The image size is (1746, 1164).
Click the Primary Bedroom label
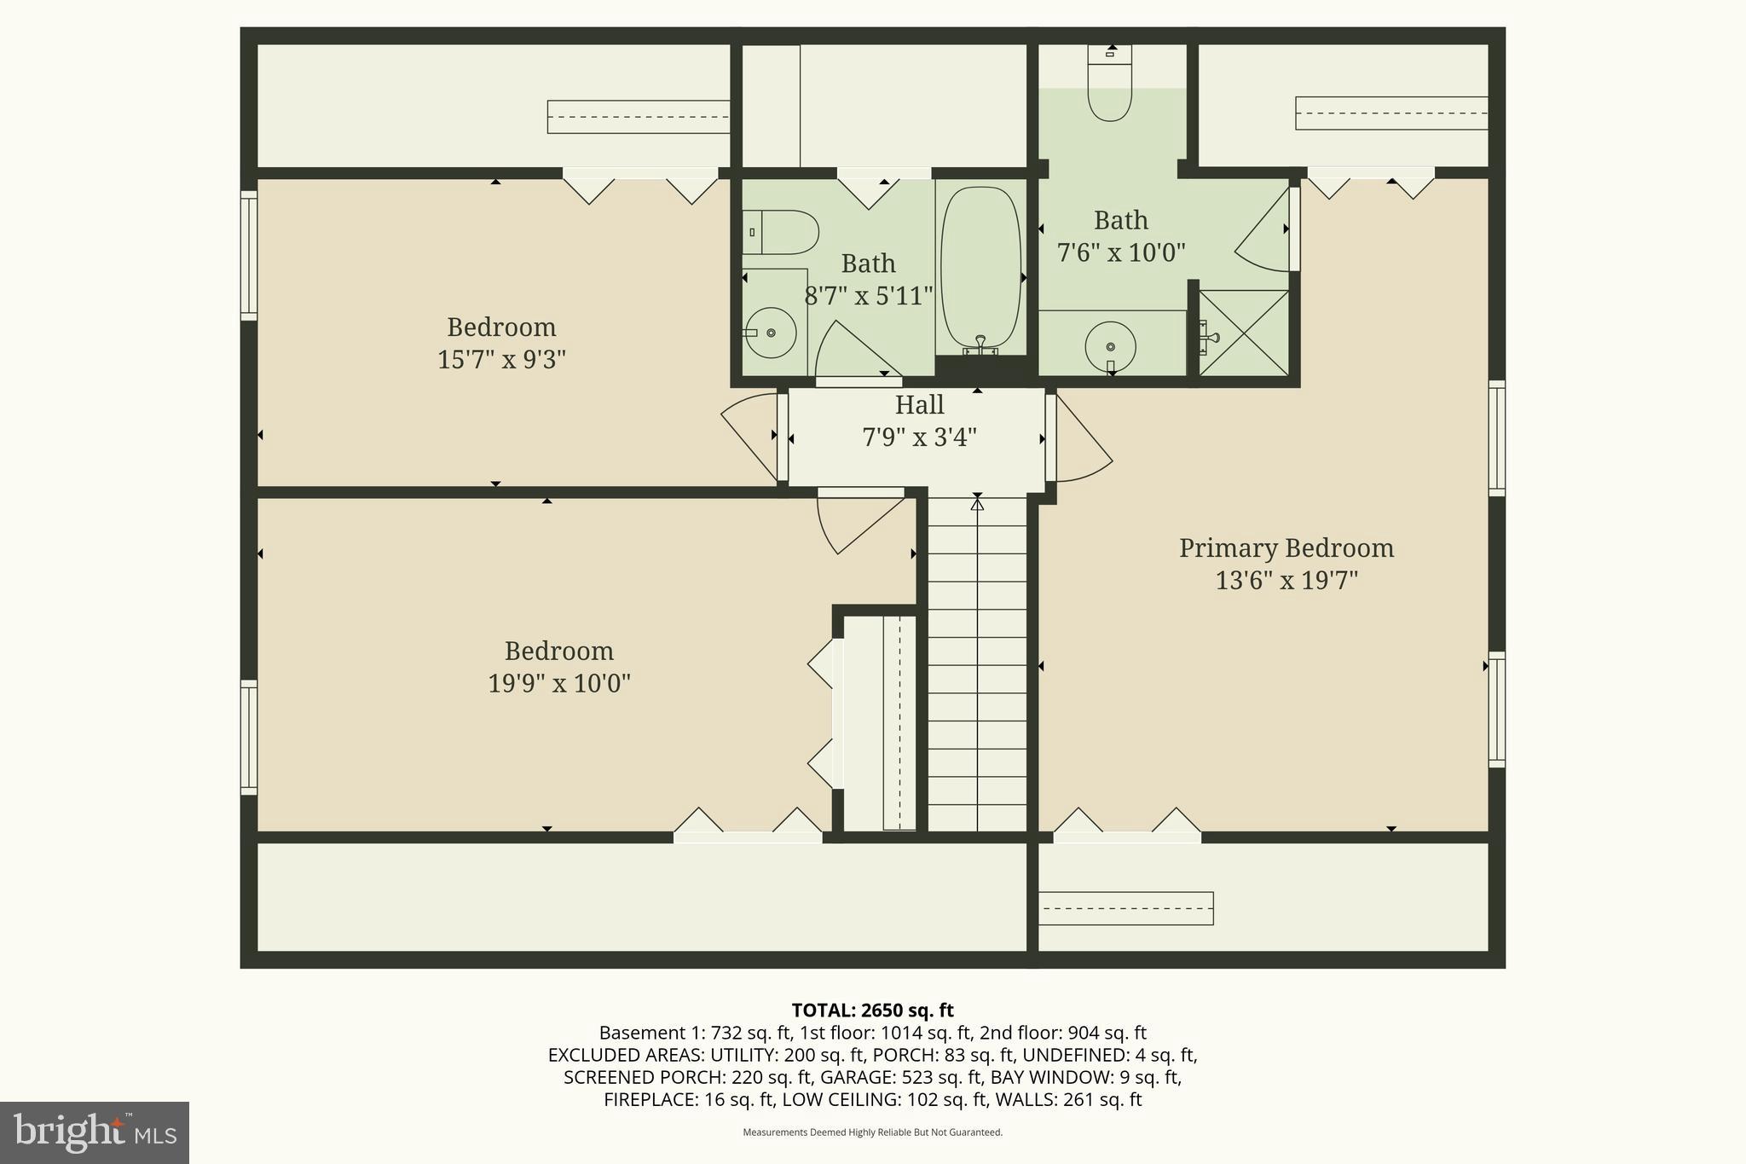(1286, 548)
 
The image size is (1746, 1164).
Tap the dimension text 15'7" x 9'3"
(501, 360)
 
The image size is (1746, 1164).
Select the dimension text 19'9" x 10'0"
(558, 684)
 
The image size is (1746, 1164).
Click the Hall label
(919, 405)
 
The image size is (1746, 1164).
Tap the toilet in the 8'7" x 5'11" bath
(781, 232)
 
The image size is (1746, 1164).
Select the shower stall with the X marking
(1244, 333)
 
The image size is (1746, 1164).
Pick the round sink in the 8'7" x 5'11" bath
(771, 333)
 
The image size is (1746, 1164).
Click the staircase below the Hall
(977, 665)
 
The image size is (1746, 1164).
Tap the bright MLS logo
(95, 1132)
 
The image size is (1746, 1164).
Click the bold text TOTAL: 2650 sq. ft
(872, 1011)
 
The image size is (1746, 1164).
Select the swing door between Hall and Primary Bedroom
(1081, 439)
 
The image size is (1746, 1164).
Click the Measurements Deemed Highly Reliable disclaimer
(872, 1132)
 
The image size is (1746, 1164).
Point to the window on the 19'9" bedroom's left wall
(249, 738)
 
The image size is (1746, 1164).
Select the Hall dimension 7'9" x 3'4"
(919, 437)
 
